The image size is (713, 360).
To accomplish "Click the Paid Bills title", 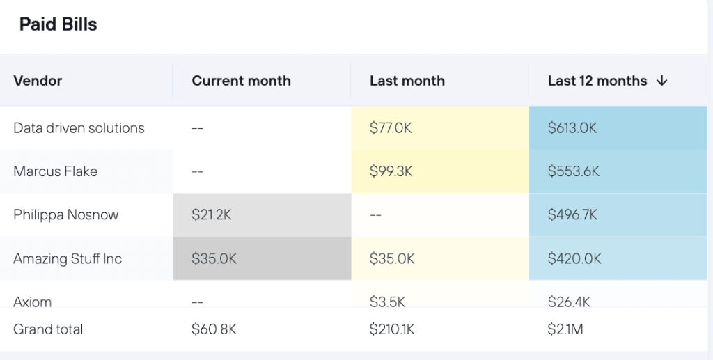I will click(58, 25).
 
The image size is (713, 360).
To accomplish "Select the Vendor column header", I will click(38, 81).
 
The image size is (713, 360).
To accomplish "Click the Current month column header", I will click(241, 81).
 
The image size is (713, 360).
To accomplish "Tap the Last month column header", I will click(407, 81).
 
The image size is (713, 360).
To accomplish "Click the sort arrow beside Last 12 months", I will click(661, 81).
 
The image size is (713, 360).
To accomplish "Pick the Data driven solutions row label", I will click(79, 128).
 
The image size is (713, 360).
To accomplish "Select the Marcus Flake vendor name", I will click(55, 171).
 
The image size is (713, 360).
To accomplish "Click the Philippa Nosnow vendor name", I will click(66, 215).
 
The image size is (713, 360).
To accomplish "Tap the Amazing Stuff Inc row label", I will click(68, 259).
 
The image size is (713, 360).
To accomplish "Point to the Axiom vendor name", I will click(32, 302).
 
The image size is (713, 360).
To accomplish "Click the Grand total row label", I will click(48, 329).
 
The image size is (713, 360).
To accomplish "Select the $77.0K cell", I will click(391, 128).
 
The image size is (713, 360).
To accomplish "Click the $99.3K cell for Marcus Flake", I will click(391, 171).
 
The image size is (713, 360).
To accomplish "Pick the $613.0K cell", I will click(572, 128).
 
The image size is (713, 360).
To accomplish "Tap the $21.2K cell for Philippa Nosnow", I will click(212, 215).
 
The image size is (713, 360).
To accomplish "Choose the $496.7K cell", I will click(572, 215).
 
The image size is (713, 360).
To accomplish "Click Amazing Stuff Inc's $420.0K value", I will click(574, 259).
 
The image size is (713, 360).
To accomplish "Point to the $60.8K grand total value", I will click(214, 329).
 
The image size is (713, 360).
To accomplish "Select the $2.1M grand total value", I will click(565, 329).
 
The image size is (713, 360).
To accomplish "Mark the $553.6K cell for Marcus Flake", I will click(573, 171).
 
